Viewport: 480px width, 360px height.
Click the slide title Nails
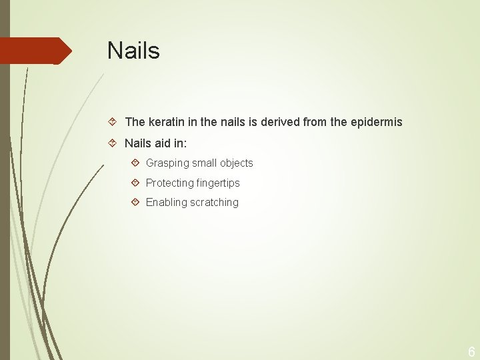point(133,51)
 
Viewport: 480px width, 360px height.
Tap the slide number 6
point(471,352)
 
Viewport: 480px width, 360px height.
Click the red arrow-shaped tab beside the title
point(36,51)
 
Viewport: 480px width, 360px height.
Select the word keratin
point(166,122)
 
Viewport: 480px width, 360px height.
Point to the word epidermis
point(376,122)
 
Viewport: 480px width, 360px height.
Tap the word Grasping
point(167,163)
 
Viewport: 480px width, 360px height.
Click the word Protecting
point(169,183)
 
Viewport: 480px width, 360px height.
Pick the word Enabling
point(167,203)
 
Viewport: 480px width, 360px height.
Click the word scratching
point(215,203)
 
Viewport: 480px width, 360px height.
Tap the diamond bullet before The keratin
point(113,122)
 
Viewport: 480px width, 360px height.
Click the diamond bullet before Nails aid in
point(113,143)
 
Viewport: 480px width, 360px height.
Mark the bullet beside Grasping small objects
point(135,163)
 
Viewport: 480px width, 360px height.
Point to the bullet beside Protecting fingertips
point(135,183)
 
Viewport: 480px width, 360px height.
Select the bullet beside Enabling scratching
point(135,202)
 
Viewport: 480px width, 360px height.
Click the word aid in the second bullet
point(164,143)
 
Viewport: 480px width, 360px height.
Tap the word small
point(205,163)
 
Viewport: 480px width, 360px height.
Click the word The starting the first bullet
point(135,122)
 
